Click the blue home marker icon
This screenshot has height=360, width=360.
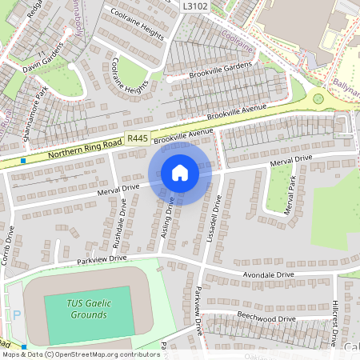click(x=180, y=173)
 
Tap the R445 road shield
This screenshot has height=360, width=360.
click(x=138, y=139)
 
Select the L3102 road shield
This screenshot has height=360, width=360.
click(x=194, y=6)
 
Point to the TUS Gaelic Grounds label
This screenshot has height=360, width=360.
click(x=88, y=309)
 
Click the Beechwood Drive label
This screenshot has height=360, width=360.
click(x=270, y=318)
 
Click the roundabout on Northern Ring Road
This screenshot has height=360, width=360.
click(x=318, y=99)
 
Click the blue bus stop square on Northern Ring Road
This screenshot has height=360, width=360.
click(x=24, y=160)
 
